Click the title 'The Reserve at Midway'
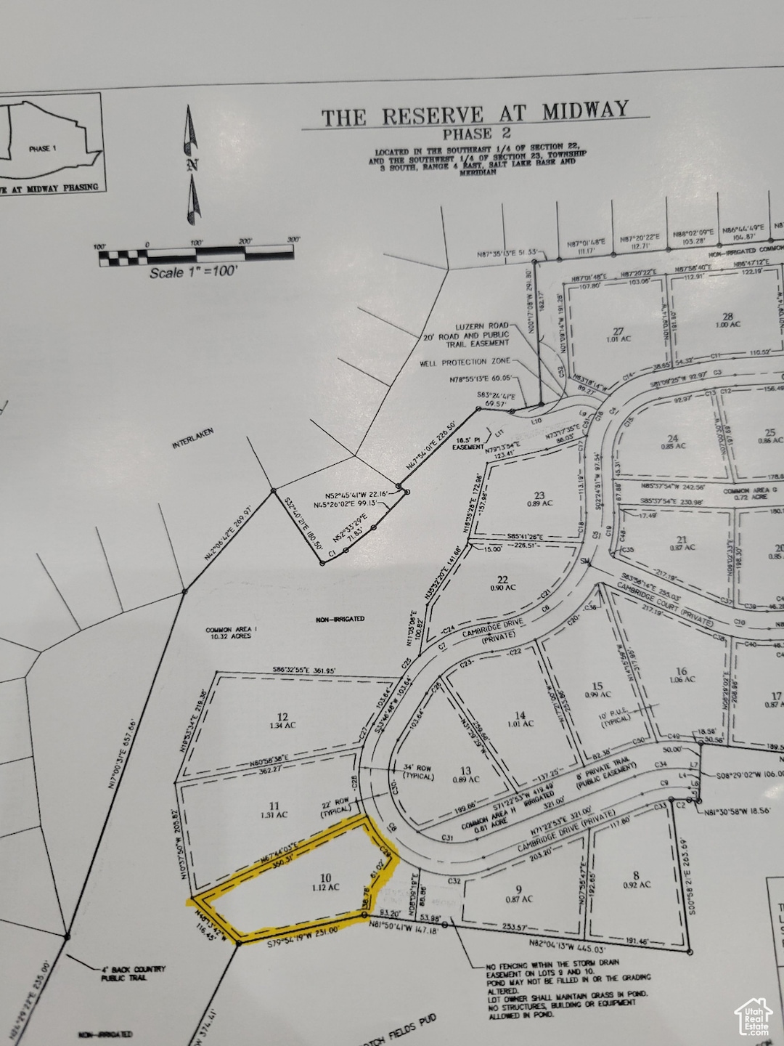click(x=475, y=114)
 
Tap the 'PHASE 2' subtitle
click(x=477, y=133)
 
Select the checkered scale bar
click(x=195, y=254)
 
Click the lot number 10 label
click(x=324, y=877)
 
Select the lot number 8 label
click(x=636, y=875)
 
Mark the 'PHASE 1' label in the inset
click(x=42, y=148)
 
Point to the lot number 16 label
click(x=680, y=671)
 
